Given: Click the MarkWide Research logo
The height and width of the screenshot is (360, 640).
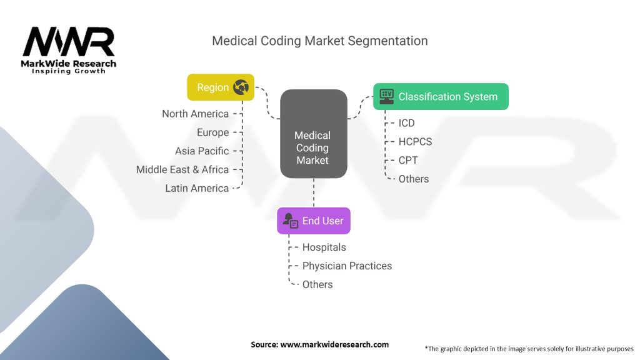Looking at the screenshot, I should coord(69,50).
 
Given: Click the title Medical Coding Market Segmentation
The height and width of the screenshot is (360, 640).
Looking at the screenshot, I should coord(319,41).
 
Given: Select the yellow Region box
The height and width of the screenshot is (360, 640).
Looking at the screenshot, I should coord(221,87).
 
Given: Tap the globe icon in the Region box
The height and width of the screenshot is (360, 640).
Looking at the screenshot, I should coord(241,87).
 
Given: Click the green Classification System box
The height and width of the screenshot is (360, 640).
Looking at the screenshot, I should coord(441,96).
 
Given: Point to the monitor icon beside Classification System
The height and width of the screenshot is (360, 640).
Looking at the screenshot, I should coord(387,96).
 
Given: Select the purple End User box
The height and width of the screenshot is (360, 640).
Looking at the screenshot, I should coord(314,221).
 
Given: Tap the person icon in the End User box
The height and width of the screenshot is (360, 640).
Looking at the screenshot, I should coord(290,221).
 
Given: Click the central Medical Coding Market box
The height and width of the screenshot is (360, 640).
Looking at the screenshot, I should coord(313,147).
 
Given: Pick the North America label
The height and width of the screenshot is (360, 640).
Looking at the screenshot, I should coord(195,114).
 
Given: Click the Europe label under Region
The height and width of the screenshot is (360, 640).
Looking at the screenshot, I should coord(212,132).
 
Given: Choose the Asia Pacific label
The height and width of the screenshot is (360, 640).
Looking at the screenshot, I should coord(202,151).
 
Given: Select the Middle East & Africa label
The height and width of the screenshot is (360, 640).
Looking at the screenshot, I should coord(182,169).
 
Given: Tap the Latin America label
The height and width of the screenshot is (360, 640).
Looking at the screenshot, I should coord(197,188).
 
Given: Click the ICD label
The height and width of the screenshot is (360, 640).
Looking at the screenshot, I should coord(406,123).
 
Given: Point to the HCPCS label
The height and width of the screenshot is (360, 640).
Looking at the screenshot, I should coord(415,142).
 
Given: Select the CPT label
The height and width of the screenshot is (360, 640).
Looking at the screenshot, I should coord(407,160).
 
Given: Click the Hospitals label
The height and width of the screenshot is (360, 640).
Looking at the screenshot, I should coord(324,247).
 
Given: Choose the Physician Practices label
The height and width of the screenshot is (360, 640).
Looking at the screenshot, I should coord(347,266).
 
